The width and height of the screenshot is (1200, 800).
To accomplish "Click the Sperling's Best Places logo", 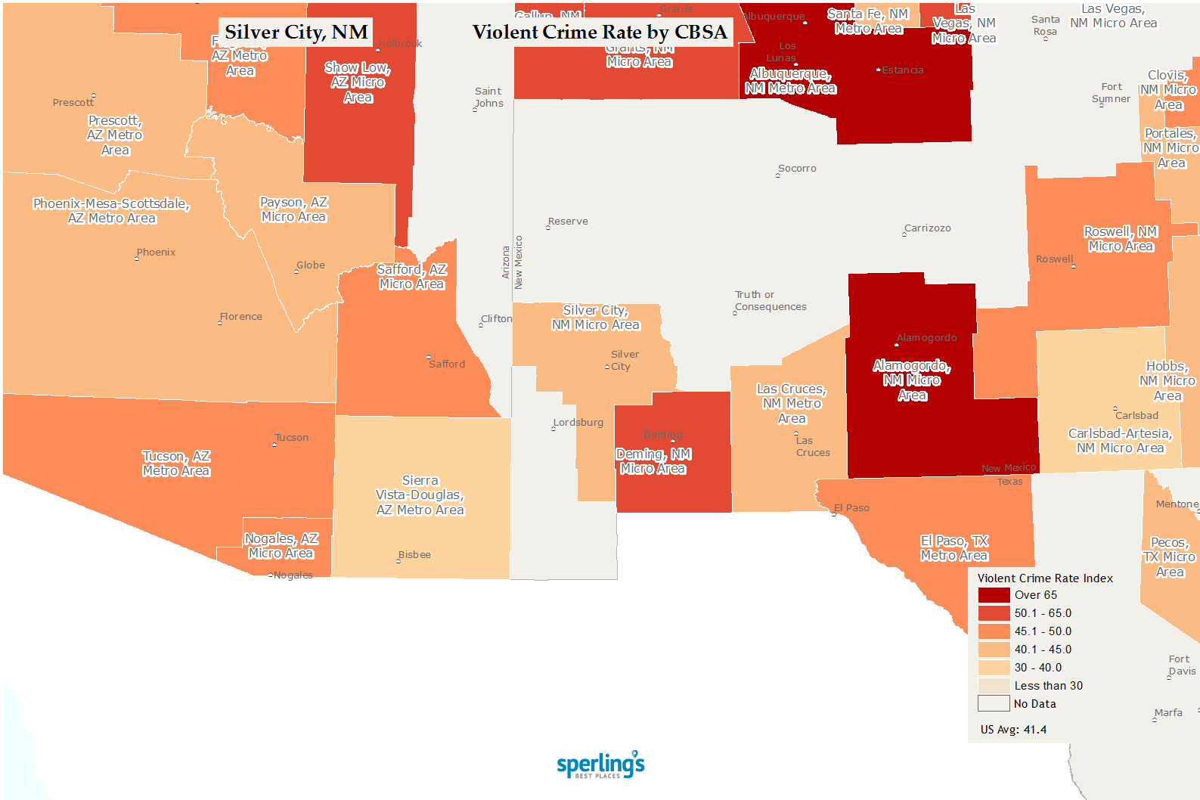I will click(x=600, y=764).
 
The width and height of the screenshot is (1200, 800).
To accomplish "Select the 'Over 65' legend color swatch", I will click(x=994, y=595).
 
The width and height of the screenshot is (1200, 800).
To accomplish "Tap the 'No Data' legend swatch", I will click(x=994, y=704).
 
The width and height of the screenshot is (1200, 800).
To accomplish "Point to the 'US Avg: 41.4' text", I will click(x=1013, y=730).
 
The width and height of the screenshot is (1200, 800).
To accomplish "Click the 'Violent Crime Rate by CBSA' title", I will click(x=600, y=32).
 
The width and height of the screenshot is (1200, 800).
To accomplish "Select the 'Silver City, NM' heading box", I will click(x=296, y=32).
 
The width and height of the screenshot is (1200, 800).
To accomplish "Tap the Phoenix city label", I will click(x=156, y=253).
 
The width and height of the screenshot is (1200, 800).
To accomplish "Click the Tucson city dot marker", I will click(x=274, y=445).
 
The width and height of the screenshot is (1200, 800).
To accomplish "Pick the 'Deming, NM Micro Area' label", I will click(x=653, y=461).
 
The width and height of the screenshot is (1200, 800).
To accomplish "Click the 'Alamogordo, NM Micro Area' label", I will click(x=912, y=380).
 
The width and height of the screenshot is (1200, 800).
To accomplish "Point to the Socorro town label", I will click(x=797, y=169).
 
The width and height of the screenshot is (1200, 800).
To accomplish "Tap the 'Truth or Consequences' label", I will click(x=771, y=301).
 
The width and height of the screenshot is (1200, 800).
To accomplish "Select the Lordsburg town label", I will click(x=578, y=423).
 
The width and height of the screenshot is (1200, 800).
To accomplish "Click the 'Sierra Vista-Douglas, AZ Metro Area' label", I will click(x=420, y=495).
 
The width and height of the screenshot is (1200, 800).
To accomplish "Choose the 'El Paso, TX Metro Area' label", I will click(x=954, y=548).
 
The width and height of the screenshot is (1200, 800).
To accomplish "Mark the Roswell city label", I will click(x=1054, y=259).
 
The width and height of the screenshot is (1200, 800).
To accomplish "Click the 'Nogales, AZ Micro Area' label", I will click(x=281, y=546).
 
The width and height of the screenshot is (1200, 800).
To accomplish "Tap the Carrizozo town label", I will click(x=928, y=228).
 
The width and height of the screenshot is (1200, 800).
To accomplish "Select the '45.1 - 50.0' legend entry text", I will click(x=1043, y=631).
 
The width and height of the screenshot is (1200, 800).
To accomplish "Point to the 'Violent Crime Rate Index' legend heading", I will click(x=1045, y=578).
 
